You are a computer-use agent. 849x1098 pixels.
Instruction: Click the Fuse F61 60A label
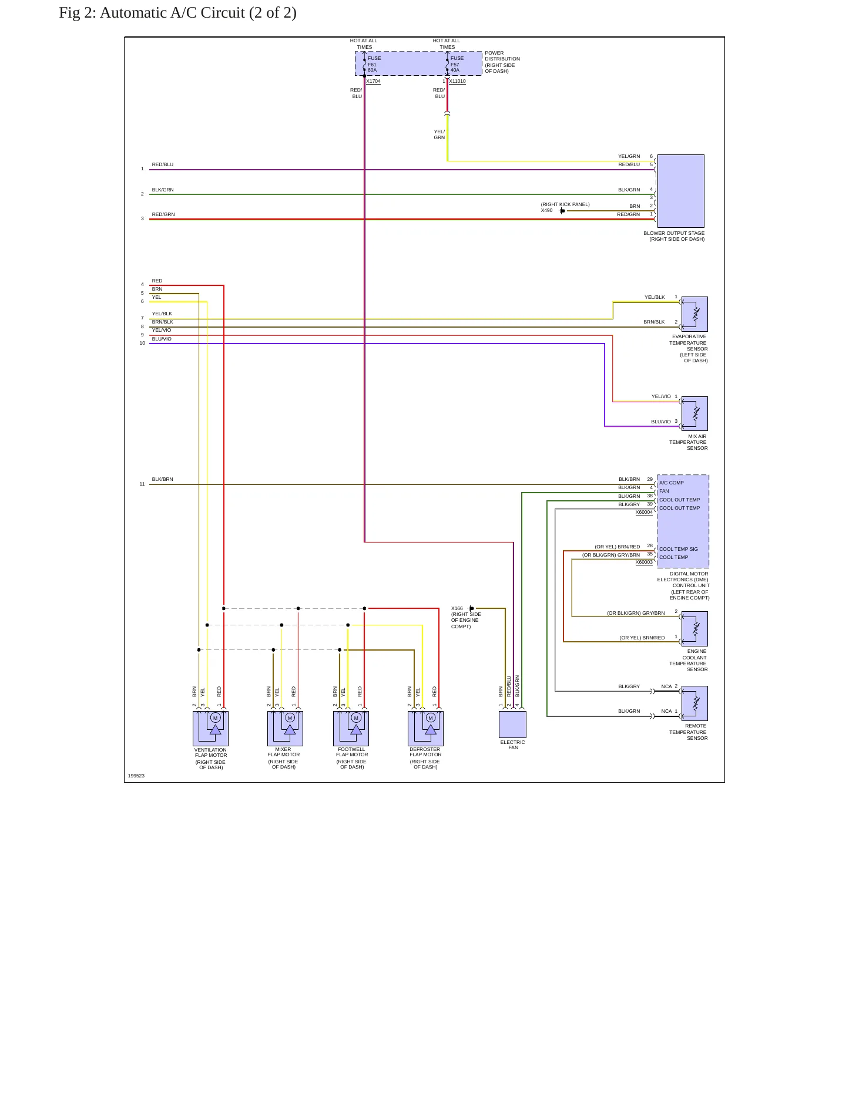374,64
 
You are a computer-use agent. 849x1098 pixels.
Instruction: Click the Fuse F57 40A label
457,64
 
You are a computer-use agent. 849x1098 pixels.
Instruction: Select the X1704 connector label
373,82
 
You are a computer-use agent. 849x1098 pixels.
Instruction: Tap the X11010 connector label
457,82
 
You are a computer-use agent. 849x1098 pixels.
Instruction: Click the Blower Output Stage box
680,191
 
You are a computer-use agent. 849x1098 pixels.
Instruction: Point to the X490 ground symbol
562,211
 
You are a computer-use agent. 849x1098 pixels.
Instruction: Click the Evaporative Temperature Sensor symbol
694,314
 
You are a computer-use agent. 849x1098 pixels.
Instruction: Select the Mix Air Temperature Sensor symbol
694,413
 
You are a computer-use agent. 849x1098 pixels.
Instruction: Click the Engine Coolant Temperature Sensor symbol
694,629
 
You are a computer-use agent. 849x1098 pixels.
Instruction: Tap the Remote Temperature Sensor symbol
694,703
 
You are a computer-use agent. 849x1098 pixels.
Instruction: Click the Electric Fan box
512,725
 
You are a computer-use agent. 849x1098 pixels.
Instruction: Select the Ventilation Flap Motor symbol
210,729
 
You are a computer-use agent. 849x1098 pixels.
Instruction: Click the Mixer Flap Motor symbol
285,729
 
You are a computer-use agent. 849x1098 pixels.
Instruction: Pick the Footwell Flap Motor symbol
351,729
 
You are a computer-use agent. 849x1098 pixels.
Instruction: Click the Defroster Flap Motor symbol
425,729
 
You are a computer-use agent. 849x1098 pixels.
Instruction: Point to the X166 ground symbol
471,608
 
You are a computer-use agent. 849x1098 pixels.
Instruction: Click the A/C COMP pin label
672,483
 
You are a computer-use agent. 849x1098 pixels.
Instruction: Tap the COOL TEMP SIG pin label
679,549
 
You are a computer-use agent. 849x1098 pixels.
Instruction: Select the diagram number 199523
136,776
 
